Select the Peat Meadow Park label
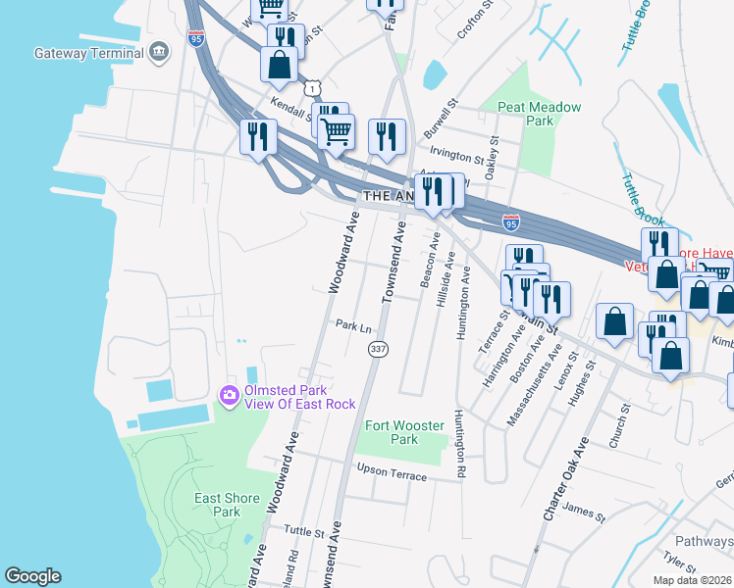[540, 114]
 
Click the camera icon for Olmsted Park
[229, 395]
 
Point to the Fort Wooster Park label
[404, 432]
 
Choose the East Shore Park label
[227, 505]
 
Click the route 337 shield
[377, 349]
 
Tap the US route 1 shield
[311, 89]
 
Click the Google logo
[32, 576]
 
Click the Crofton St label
[471, 24]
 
